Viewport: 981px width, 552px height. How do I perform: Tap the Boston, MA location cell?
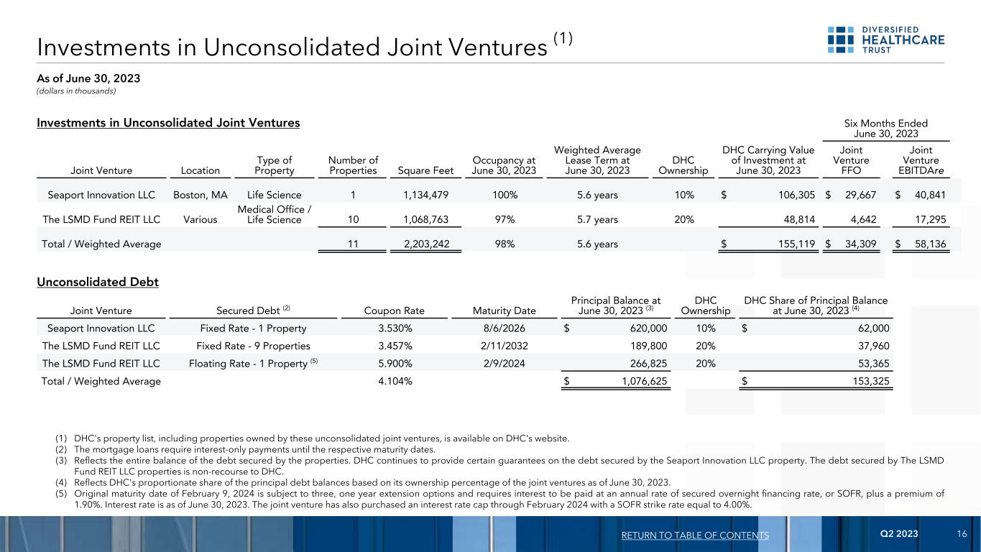click(x=201, y=195)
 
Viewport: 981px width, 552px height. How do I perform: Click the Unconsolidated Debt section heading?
click(x=98, y=282)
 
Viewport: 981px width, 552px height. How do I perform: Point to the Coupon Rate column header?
click(x=395, y=311)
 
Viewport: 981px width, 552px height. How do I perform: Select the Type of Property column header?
click(x=274, y=165)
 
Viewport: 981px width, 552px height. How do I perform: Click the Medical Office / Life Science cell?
click(x=274, y=214)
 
